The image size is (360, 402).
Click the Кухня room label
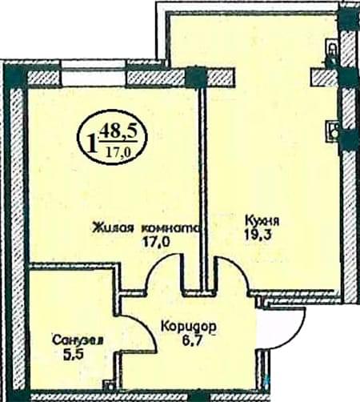point(262,221)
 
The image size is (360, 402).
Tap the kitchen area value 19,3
point(258,235)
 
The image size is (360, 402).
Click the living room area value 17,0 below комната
point(156,242)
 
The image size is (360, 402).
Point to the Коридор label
point(189,327)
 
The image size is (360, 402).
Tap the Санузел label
point(78,340)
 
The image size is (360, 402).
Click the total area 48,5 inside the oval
point(118,133)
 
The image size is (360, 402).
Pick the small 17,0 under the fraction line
point(118,152)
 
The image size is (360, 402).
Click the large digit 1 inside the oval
point(91,143)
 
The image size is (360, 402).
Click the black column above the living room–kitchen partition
point(196,77)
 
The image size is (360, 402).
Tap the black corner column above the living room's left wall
point(16,76)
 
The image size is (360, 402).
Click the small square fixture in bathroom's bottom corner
point(109,386)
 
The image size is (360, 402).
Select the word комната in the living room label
point(170,228)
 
